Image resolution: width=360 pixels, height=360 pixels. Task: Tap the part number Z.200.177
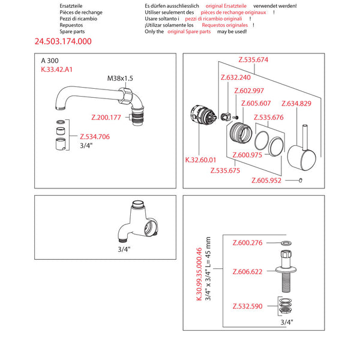click(x=106, y=118)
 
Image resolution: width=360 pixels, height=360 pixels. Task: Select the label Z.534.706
click(x=94, y=137)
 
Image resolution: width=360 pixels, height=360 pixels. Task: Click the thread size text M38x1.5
click(x=121, y=79)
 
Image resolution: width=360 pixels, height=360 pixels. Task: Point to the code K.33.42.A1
click(x=58, y=70)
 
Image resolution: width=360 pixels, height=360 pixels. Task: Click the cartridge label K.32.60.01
click(x=200, y=160)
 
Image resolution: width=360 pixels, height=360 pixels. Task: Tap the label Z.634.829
click(x=296, y=104)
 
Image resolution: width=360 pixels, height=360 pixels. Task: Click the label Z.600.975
click(x=247, y=154)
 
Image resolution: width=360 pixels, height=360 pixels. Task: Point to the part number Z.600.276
click(x=248, y=242)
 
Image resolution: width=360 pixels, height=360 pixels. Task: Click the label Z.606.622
click(x=248, y=272)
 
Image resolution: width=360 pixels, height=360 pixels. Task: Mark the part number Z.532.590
click(x=248, y=307)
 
